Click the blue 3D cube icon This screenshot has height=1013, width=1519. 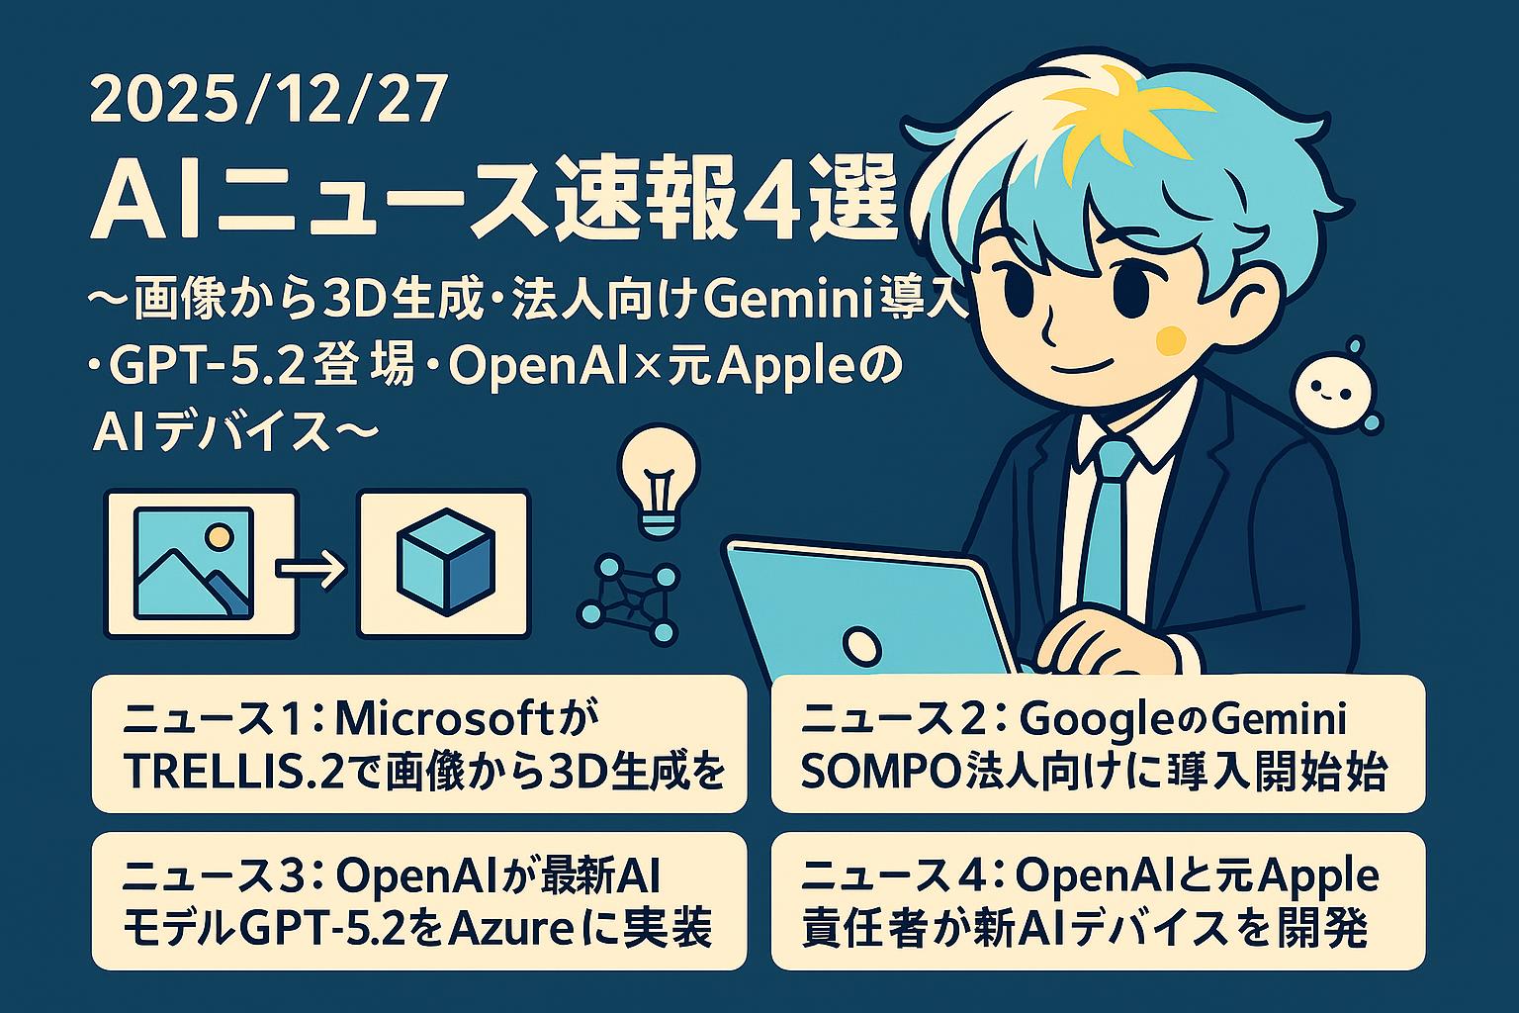(x=445, y=562)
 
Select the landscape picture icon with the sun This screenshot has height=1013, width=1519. (x=193, y=562)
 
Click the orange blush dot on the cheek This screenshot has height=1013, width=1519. (x=1170, y=339)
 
